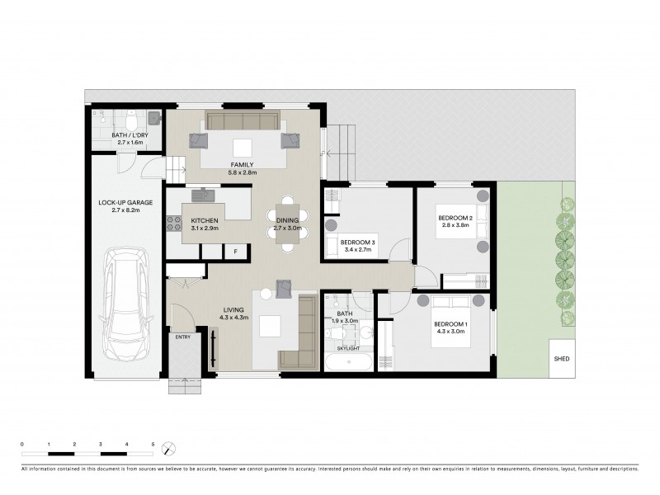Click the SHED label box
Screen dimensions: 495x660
point(562,359)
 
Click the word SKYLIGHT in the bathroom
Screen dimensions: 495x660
point(347,349)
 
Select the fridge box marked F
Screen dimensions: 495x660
point(235,251)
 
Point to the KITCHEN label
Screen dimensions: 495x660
point(205,221)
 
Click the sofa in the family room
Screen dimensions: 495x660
point(243,122)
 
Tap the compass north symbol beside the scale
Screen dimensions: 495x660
point(168,449)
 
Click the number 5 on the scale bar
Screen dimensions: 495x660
point(153,445)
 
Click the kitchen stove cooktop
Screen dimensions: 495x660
point(174,222)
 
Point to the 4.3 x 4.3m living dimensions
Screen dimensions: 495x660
point(233,318)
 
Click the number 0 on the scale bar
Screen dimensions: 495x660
point(22,445)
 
